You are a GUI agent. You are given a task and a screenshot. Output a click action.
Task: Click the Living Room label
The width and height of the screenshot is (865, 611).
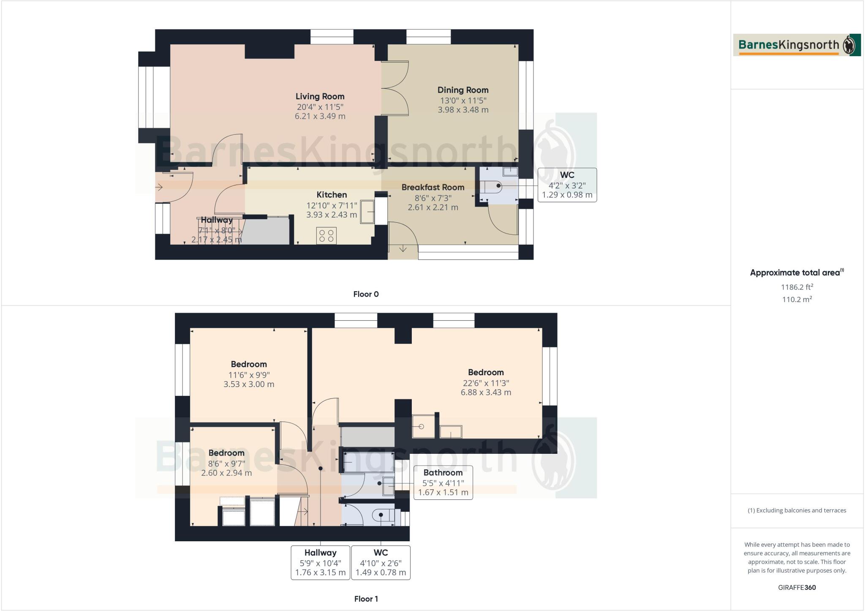(320, 96)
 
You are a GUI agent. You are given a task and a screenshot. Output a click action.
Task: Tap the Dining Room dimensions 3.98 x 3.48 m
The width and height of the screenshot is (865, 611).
(463, 110)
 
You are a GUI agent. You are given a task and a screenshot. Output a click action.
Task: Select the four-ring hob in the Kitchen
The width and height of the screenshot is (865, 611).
(326, 235)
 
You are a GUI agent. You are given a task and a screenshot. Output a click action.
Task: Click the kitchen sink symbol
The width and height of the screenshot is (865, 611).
(367, 211)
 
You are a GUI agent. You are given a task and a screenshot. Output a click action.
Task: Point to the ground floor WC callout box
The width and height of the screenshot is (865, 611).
(567, 185)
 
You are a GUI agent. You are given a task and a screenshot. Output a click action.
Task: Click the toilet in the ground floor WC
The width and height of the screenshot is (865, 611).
(492, 186)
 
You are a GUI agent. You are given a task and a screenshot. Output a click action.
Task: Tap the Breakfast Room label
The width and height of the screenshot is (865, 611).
(432, 187)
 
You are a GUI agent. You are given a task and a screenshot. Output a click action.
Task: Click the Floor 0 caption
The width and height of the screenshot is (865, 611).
(366, 294)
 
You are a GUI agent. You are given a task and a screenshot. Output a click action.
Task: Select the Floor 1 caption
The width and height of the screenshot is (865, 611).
(366, 599)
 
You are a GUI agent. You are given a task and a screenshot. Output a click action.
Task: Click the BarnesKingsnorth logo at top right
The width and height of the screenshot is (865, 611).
(797, 45)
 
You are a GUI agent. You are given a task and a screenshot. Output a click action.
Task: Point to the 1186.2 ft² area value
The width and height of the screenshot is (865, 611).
(797, 287)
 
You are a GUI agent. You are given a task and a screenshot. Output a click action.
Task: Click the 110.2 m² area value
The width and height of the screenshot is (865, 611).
(797, 300)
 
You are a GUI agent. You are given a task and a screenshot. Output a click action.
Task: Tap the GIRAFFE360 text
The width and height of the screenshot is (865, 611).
(797, 587)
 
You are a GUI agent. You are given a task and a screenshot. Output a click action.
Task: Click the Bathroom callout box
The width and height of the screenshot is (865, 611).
(443, 483)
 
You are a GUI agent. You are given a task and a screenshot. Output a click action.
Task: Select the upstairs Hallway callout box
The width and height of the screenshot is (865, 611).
(320, 562)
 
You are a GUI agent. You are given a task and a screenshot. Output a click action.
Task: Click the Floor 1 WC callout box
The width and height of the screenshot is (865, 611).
(381, 562)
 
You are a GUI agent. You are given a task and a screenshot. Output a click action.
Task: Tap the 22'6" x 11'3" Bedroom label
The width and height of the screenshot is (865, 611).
(486, 373)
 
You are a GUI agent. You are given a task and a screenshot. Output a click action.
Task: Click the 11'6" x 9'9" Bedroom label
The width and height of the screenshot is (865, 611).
(249, 364)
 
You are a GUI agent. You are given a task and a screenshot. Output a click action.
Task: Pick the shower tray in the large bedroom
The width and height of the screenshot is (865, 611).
(423, 426)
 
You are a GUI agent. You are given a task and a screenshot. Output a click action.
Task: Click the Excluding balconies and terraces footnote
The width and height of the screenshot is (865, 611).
(797, 510)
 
